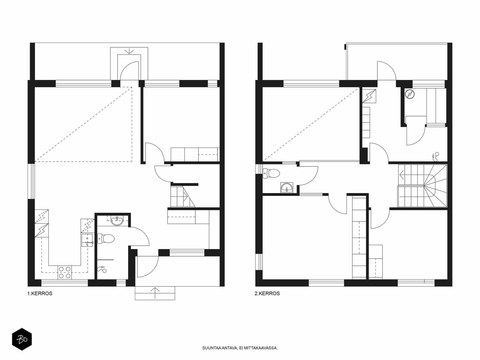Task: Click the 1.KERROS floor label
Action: [x=40, y=293]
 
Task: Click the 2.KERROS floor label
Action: [x=267, y=293]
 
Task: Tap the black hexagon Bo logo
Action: [x=22, y=340]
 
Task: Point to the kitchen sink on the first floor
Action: [x=87, y=240]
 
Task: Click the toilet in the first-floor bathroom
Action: [x=106, y=238]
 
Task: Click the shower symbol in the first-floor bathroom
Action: [x=102, y=269]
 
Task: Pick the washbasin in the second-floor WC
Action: [x=287, y=187]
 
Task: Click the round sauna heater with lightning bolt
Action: [x=409, y=94]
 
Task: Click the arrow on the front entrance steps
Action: [x=155, y=293]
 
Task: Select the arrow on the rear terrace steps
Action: [x=129, y=51]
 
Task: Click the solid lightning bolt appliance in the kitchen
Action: [x=41, y=230]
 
